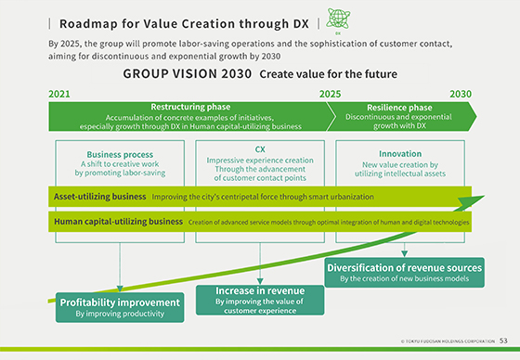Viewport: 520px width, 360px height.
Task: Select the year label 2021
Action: tap(58, 94)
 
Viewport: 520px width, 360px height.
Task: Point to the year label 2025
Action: tap(330, 94)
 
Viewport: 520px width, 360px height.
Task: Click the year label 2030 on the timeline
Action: tap(461, 94)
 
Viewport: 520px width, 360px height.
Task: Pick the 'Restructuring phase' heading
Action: tap(189, 107)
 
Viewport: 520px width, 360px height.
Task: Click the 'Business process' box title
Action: tap(119, 154)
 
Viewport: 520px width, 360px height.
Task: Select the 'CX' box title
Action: tap(260, 148)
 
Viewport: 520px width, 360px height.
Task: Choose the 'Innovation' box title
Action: tap(401, 154)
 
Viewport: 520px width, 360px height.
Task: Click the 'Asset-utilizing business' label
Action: tap(99, 197)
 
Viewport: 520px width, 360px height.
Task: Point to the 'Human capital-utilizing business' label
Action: tap(118, 222)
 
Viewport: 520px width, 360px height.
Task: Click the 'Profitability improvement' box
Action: tap(119, 307)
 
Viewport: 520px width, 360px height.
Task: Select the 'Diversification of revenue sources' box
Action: tap(404, 272)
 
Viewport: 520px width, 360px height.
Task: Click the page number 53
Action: tap(502, 341)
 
